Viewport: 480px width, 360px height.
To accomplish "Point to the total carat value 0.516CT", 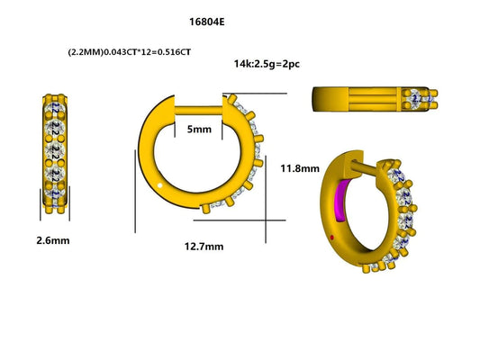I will (x=170, y=53).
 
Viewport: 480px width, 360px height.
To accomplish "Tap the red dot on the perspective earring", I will (x=335, y=238).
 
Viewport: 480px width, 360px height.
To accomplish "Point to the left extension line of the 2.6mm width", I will (x=41, y=208).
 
